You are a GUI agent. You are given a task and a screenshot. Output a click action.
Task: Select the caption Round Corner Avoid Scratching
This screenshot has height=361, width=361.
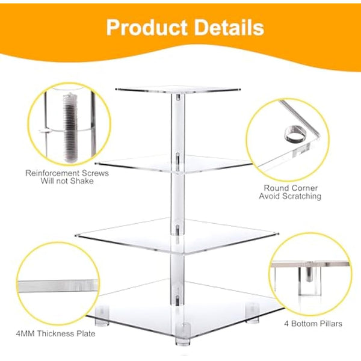(290, 191)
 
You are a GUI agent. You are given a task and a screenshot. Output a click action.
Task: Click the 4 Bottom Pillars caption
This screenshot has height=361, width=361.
(313, 324)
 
